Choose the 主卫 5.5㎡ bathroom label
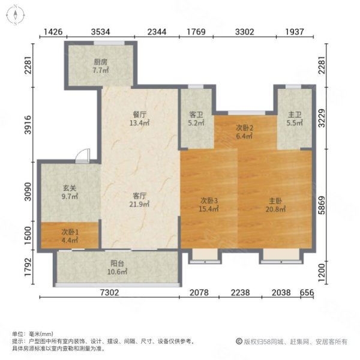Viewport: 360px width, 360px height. tap(293, 119)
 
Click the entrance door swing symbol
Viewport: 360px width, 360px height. tap(83, 155)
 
